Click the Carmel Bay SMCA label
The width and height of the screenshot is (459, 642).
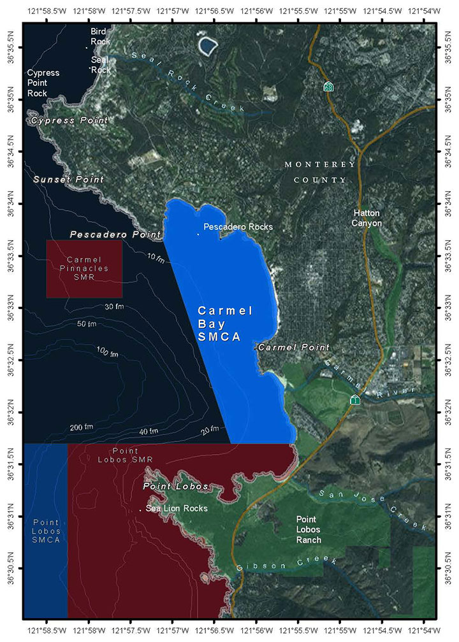(x=224, y=324)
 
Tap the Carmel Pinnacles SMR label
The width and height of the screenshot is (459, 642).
(x=84, y=268)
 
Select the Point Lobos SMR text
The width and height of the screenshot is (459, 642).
(x=126, y=455)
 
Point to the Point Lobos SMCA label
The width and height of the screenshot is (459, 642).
(x=45, y=530)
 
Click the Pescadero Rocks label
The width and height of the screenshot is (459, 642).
(x=238, y=227)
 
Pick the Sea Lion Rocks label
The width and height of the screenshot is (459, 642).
(x=177, y=508)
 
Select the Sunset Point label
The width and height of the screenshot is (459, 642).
(x=68, y=180)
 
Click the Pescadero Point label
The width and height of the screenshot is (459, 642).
(x=115, y=235)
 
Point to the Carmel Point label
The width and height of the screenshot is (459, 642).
(x=293, y=348)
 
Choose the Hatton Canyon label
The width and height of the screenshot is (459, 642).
(x=367, y=218)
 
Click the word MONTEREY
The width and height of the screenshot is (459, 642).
(x=320, y=164)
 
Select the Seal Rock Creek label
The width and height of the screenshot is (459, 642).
(x=188, y=82)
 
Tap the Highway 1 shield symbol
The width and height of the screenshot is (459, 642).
(x=355, y=399)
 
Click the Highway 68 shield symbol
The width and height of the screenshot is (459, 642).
(x=328, y=86)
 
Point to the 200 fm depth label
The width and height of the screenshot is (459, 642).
(x=81, y=426)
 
